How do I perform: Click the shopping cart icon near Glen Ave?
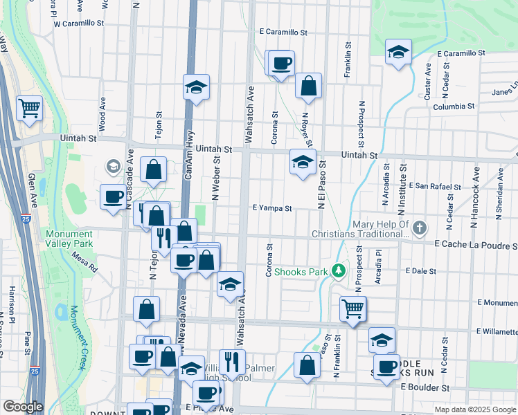point(29,108)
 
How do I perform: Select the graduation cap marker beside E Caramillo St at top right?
point(398,53)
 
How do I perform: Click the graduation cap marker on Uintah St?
point(303,163)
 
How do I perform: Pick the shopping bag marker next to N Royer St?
point(309,86)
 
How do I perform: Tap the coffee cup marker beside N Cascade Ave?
point(114,197)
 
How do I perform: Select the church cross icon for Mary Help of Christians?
point(418,228)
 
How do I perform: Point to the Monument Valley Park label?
point(69,239)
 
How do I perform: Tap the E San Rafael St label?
point(435,187)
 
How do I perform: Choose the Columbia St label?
point(454,107)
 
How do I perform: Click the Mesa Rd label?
point(84,261)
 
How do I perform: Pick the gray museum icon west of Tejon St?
point(112,166)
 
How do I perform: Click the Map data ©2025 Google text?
point(475,409)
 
